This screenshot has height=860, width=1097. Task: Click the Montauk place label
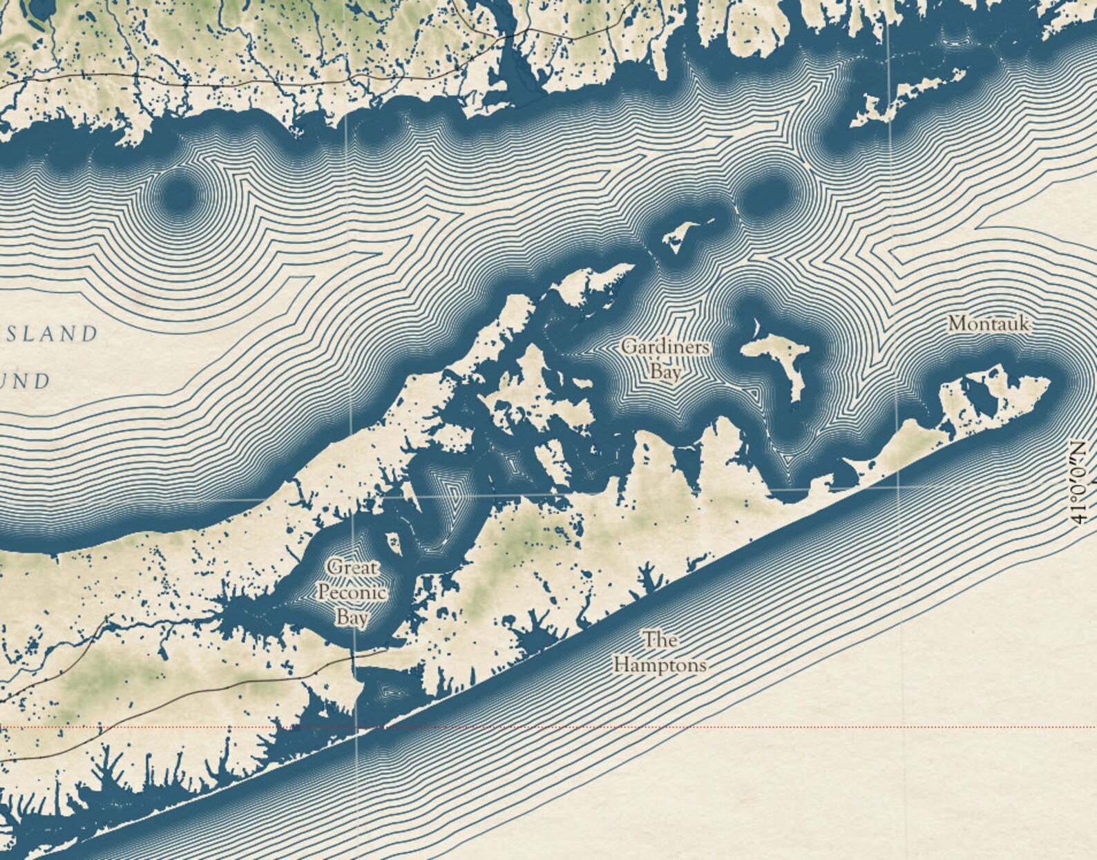(x=989, y=323)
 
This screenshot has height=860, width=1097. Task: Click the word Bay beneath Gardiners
(x=665, y=372)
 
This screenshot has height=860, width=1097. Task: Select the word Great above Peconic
(x=353, y=568)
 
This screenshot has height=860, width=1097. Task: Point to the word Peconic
(x=352, y=593)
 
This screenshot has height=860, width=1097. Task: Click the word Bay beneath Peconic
(x=352, y=617)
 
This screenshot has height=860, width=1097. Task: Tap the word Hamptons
(x=660, y=665)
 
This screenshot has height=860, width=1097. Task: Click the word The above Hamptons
(x=660, y=640)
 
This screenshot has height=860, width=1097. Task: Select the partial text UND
(x=28, y=381)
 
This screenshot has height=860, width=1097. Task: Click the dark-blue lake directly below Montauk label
(x=981, y=391)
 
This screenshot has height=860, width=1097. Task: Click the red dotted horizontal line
(x=691, y=727)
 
